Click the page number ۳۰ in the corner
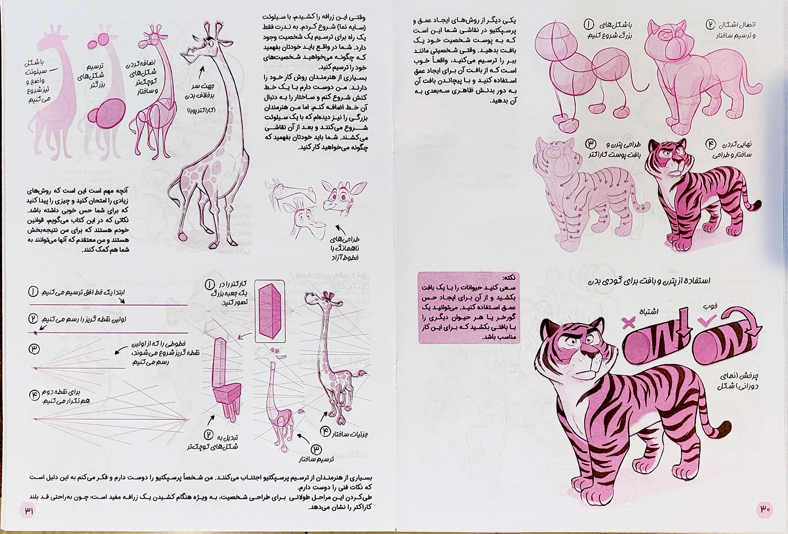(x=764, y=509)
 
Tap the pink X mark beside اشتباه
(x=628, y=323)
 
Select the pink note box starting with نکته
(x=469, y=307)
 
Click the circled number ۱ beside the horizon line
(x=33, y=292)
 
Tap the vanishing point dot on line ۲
(x=36, y=333)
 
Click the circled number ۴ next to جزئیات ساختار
(x=326, y=431)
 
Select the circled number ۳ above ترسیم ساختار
(x=316, y=449)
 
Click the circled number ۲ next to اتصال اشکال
(x=711, y=24)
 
